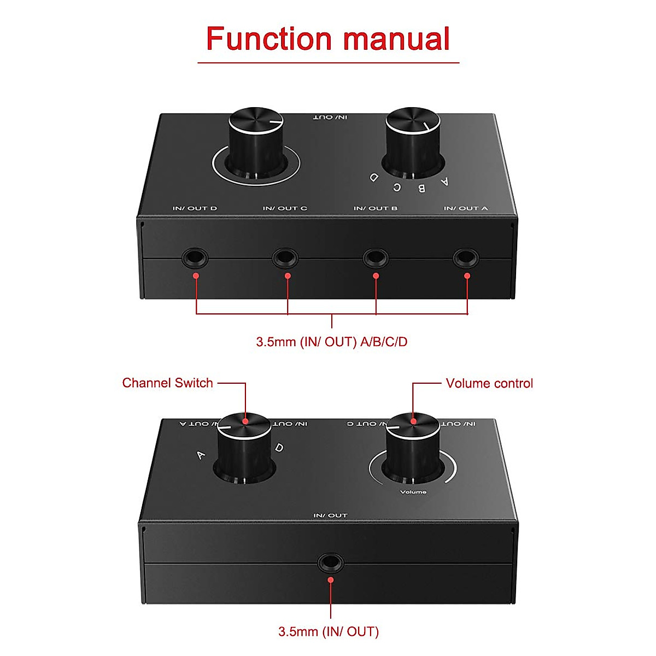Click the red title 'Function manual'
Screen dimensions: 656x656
[328, 39]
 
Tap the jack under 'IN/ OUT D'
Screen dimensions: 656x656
[195, 256]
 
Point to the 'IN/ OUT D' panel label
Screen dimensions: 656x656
[195, 208]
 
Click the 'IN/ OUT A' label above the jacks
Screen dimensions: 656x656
[466, 208]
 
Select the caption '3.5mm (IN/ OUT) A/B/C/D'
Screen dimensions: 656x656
[332, 342]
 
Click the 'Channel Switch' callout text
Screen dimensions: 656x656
[167, 383]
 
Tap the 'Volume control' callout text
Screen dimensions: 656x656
[489, 383]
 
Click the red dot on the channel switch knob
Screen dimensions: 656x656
[245, 421]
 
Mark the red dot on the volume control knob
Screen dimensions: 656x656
[413, 421]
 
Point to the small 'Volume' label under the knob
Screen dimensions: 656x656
[413, 492]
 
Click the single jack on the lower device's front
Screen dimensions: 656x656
[330, 561]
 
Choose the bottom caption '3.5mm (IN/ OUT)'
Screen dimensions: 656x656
[329, 631]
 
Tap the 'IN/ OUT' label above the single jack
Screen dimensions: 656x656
[330, 516]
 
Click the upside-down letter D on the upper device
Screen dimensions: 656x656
[374, 177]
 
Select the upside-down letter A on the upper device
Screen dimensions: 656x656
[444, 181]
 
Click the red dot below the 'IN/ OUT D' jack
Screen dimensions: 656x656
[196, 276]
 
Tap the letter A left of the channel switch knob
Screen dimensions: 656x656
[201, 454]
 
